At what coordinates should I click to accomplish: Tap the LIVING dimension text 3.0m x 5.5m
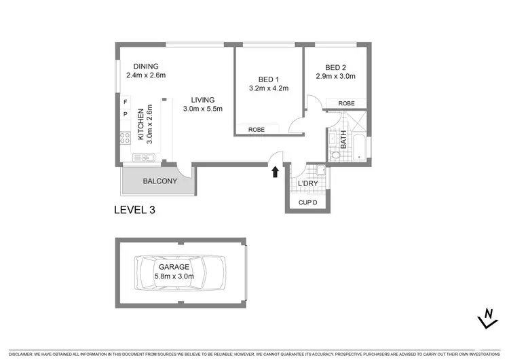[x=203, y=109]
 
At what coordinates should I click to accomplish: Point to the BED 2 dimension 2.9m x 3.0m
[x=335, y=77]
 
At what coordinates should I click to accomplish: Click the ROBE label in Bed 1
[x=257, y=129]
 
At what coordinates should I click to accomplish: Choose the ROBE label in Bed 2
[x=346, y=103]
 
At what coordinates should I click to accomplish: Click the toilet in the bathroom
[x=335, y=155]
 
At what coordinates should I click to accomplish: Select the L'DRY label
[x=308, y=184]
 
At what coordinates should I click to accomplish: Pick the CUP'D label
[x=307, y=202]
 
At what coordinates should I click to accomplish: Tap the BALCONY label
[x=159, y=181]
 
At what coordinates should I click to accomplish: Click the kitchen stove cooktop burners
[x=125, y=138]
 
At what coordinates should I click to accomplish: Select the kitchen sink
[x=144, y=158]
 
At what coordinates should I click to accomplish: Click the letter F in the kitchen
[x=125, y=103]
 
